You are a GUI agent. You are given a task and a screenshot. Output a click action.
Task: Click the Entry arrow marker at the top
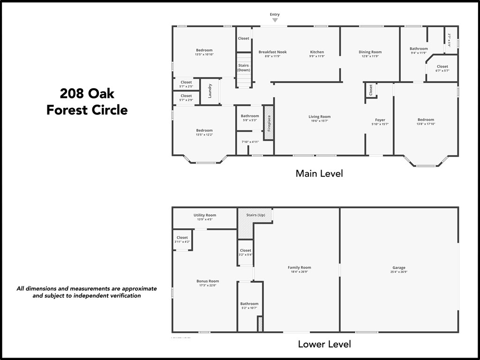click(275, 20)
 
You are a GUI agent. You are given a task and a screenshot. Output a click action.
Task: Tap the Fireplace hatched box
click(269, 123)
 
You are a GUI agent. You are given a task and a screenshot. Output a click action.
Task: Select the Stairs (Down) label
click(243, 67)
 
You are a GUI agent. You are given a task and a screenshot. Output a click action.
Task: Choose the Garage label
click(399, 268)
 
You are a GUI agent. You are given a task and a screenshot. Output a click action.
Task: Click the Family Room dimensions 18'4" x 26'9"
click(300, 272)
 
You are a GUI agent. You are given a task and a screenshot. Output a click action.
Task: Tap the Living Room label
click(319, 117)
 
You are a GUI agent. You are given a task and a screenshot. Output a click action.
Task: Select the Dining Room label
click(370, 52)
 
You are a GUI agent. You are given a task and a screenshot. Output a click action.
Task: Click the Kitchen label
click(317, 52)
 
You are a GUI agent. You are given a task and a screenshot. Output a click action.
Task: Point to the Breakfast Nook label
click(272, 52)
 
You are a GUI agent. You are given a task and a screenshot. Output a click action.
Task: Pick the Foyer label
click(380, 120)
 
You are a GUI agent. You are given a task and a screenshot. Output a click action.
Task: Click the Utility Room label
click(205, 215)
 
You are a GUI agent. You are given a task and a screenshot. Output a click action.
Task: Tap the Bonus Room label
click(208, 281)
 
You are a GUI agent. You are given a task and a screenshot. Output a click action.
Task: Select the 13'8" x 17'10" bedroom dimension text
click(426, 124)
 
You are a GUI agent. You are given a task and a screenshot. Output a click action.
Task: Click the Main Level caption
click(319, 173)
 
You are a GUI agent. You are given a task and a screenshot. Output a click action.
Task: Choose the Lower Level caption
click(324, 344)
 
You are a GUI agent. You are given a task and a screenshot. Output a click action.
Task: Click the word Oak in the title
click(101, 94)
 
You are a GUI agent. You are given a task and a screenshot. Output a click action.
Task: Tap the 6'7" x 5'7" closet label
click(442, 71)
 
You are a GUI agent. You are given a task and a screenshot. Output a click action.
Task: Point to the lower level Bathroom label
click(249, 304)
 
